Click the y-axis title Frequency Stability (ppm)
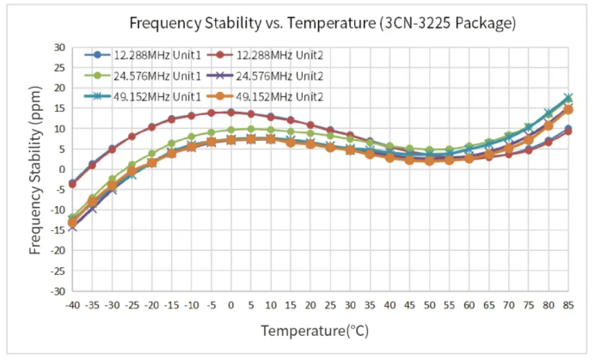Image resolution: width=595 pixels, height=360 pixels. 35,168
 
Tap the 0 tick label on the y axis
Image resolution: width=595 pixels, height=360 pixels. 60,169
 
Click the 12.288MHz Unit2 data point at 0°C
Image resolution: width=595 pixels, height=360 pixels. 230,113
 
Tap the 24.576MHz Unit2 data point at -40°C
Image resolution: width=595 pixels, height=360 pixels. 72,227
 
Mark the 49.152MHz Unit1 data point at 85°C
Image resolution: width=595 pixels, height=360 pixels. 568,98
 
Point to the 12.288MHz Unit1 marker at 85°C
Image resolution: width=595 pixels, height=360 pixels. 568,129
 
